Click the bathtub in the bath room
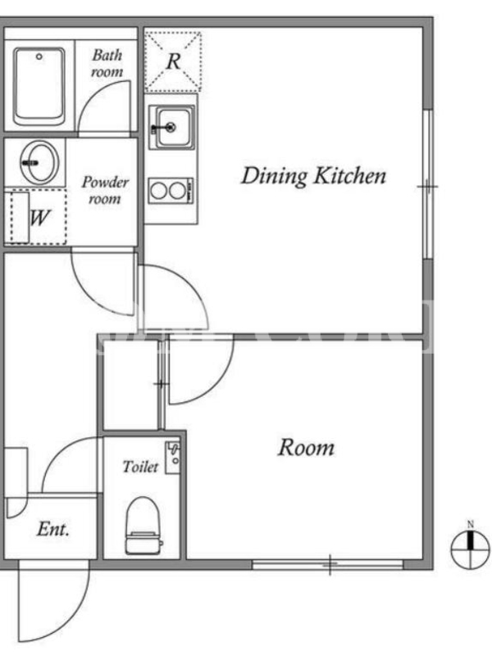39,87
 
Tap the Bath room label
107,63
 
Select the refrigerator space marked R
173,61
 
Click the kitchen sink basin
172,127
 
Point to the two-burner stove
171,191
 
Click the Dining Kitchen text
313,176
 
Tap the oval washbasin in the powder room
39,162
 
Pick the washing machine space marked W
38,216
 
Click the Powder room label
105,190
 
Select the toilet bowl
143,525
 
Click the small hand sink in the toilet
172,458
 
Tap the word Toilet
140,466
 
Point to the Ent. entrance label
52,529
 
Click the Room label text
306,447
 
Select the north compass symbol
470,549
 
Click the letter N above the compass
470,524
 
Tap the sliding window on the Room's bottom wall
328,564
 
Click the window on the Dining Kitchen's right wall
427,185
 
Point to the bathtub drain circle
39,56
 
